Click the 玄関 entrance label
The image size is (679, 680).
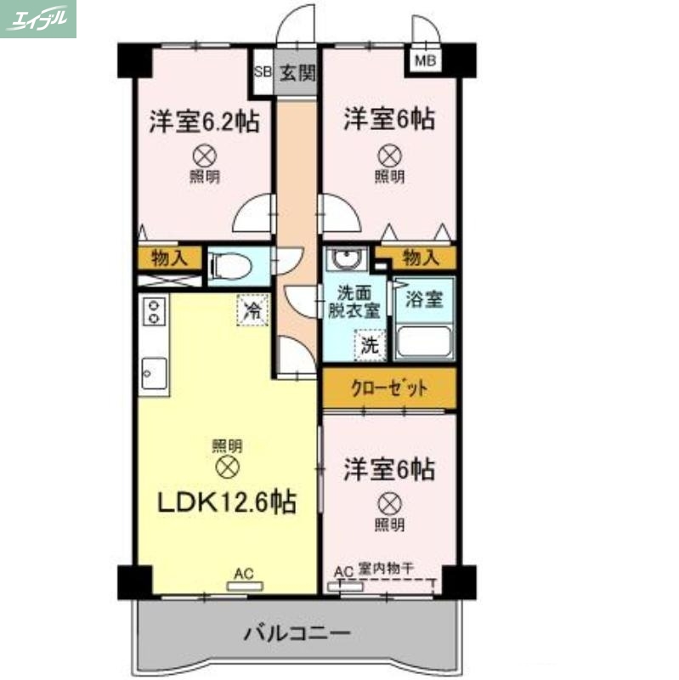[x=296, y=72]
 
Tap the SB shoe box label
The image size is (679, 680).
[x=263, y=72]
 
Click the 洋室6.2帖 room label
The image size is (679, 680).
[x=204, y=121]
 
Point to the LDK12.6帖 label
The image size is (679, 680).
[x=227, y=503]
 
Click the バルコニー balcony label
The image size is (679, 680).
[x=297, y=634]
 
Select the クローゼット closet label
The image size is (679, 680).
[x=389, y=388]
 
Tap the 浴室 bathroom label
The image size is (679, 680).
[x=424, y=299]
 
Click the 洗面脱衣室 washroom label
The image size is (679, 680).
[x=354, y=303]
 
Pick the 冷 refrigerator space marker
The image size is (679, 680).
[x=252, y=309]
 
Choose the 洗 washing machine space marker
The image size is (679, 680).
[x=370, y=345]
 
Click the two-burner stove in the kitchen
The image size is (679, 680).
[x=154, y=313]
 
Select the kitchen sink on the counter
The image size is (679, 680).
[x=153, y=372]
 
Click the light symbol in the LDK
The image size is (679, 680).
[x=227, y=466]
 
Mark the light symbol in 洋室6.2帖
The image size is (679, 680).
[x=204, y=156]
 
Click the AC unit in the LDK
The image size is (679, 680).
[x=246, y=585]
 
